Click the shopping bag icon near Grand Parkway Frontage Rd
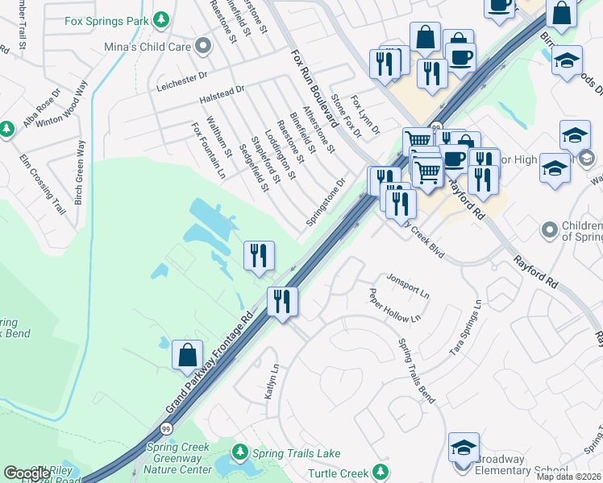point(187,354)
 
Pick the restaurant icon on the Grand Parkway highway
point(282,301)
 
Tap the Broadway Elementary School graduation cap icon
point(464,447)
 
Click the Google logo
point(27,473)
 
